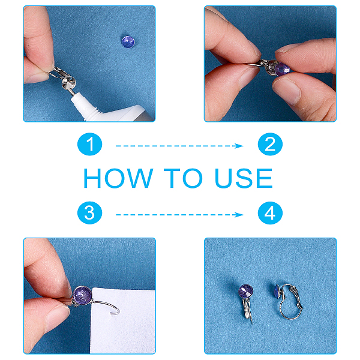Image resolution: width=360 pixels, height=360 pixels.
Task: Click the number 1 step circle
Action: pos(90,144)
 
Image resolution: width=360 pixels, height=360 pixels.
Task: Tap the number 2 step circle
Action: pos(270,144)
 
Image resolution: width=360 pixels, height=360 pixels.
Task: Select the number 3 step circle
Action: pos(90,213)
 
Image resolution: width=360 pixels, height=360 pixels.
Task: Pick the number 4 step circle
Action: pos(270,213)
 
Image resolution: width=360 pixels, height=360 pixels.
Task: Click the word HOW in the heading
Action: pos(118,178)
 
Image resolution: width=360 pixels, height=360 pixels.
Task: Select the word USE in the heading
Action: pos(244,178)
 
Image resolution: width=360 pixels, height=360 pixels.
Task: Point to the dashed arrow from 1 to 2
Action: pos(179,146)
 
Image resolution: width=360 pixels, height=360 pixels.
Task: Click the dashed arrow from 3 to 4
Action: pos(179,215)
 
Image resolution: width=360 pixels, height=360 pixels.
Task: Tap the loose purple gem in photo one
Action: pos(128,42)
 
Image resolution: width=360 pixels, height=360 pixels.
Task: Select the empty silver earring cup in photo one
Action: pos(68,82)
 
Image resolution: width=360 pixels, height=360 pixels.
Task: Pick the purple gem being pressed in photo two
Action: pos(283,69)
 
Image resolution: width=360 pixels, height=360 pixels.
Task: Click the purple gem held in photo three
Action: pos(83,295)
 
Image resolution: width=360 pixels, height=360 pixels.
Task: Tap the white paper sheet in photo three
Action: pos(124,322)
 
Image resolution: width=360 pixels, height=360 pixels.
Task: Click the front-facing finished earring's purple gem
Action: pos(246,292)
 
